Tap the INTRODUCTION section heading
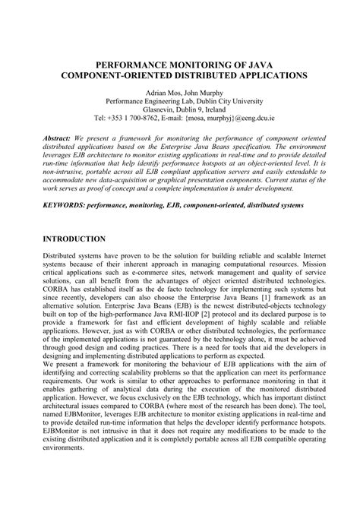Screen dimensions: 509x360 74,239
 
